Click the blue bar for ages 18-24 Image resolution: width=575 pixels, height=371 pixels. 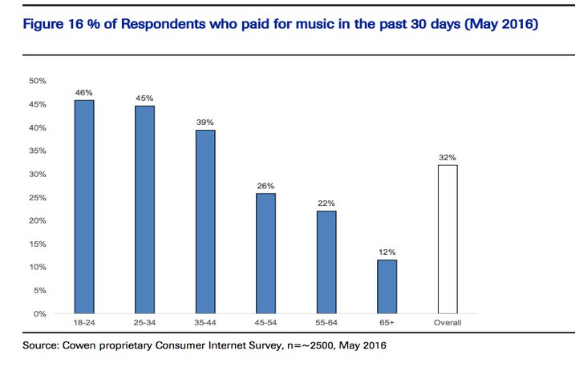pyautogui.click(x=84, y=207)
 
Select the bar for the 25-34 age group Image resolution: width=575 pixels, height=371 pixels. pyautogui.click(x=144, y=209)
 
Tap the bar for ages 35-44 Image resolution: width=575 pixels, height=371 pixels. pyautogui.click(x=205, y=221)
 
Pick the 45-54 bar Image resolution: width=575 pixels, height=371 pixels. pyautogui.click(x=266, y=253)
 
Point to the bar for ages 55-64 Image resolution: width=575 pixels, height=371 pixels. pyautogui.click(x=326, y=262)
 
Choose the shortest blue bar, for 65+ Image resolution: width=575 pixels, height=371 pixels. pyautogui.click(x=387, y=286)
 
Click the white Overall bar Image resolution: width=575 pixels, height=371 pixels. pyautogui.click(x=447, y=239)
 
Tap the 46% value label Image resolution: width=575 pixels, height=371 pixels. pyautogui.click(x=84, y=93)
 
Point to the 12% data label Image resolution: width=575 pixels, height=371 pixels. pyautogui.click(x=387, y=252)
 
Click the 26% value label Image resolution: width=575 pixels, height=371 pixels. pyautogui.click(x=266, y=187)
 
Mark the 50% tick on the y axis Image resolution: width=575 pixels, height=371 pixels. pyautogui.click(x=37, y=81)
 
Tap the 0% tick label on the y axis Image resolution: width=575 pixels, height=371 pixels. pyautogui.click(x=39, y=313)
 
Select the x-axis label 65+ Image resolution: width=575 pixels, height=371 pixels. pyautogui.click(x=387, y=322)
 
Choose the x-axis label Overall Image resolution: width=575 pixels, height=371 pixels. pyautogui.click(x=447, y=322)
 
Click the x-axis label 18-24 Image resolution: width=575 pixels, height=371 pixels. pyautogui.click(x=84, y=322)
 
